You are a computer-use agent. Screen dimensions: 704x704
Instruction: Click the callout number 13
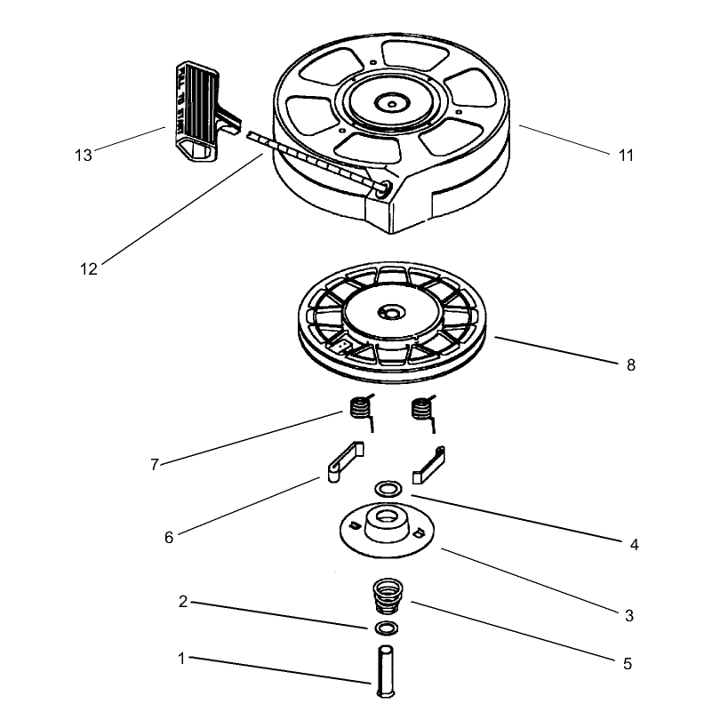83,156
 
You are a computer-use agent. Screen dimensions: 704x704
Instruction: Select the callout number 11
626,156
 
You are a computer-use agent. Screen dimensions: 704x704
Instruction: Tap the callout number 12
89,269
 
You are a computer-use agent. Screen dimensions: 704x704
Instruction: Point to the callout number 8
631,365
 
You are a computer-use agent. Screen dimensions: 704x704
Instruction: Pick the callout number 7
155,464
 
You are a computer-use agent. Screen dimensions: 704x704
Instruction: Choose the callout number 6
169,538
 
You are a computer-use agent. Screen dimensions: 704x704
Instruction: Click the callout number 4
634,545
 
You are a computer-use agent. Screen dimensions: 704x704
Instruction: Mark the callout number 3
629,615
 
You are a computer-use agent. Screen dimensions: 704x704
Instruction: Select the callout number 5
628,664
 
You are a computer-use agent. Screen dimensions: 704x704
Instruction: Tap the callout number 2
183,602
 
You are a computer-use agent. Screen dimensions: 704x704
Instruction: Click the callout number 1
181,659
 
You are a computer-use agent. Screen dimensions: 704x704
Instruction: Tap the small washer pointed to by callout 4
388,489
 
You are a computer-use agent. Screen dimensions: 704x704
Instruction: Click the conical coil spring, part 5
388,596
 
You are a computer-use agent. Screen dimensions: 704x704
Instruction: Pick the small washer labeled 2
386,628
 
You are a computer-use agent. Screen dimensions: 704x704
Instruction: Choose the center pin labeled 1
386,671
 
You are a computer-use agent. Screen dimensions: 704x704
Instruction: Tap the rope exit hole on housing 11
382,189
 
